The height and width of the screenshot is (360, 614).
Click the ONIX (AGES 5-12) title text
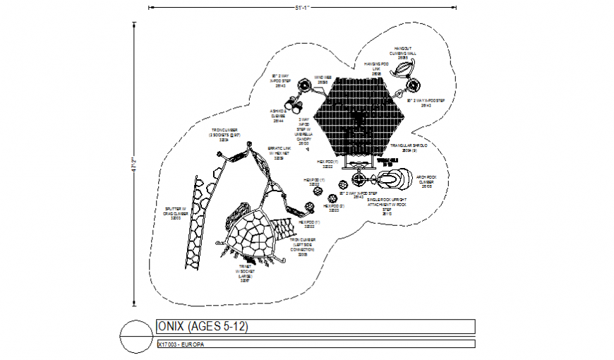click(x=203, y=326)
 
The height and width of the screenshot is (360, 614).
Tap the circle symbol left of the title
click(x=135, y=335)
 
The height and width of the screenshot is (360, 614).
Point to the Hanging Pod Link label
click(x=377, y=68)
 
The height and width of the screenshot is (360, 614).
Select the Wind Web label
click(x=323, y=80)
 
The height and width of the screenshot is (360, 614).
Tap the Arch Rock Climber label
click(x=426, y=181)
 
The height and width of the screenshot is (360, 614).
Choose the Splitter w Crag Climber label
click(x=175, y=213)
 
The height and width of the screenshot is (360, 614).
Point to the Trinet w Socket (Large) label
click(x=245, y=274)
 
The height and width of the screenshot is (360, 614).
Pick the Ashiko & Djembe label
click(x=277, y=116)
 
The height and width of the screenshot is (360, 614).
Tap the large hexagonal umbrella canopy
click(x=359, y=116)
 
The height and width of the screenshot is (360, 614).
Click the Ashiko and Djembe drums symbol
click(x=297, y=106)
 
